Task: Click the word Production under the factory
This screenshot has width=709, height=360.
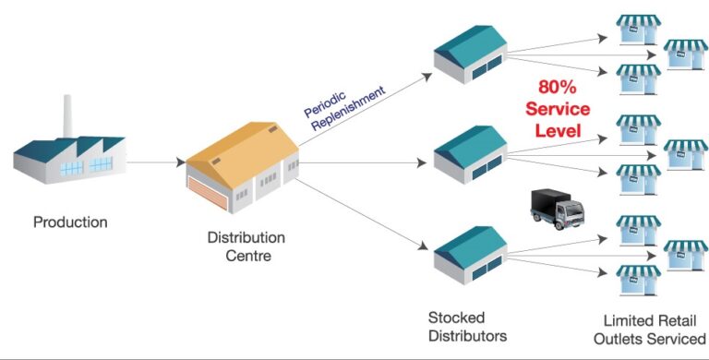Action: point(70,222)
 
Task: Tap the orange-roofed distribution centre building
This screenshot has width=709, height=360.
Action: point(242,162)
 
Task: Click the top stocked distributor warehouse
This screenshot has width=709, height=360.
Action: point(469,54)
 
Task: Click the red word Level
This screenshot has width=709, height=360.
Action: point(558,131)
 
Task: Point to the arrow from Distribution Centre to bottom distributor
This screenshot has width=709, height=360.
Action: point(365,212)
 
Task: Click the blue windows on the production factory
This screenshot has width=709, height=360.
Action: point(100,163)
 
